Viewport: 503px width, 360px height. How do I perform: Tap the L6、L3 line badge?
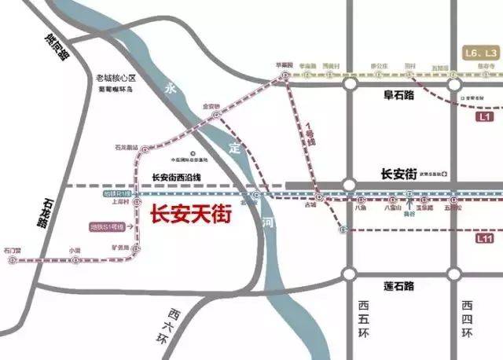click(479, 52)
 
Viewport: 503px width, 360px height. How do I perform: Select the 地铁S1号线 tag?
click(106, 227)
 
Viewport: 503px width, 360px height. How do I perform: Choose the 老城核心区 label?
click(116, 78)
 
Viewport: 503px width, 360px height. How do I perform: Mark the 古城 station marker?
click(318, 196)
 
